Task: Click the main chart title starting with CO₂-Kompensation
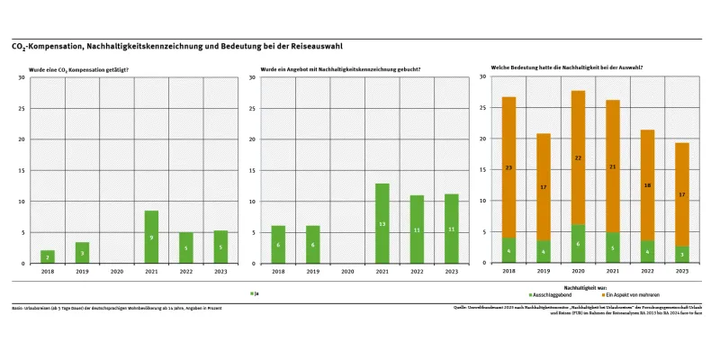point(176,46)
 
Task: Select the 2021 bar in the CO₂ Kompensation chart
point(151,237)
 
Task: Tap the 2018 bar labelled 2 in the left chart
point(48,256)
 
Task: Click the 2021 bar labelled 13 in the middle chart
point(382,223)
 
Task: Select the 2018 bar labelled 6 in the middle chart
point(277,244)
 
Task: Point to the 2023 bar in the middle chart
point(451,229)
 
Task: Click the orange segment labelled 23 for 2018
point(508,167)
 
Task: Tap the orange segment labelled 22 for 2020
point(578,157)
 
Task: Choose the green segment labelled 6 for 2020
point(578,244)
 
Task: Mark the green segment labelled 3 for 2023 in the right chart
point(682,255)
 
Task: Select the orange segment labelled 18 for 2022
point(647,185)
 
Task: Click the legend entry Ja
point(255,293)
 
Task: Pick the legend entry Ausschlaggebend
point(550,293)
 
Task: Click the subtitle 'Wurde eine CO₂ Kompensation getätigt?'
point(79,68)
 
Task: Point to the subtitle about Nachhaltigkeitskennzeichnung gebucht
point(340,68)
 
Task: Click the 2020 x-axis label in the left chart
point(117,270)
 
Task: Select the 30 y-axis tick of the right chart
point(483,77)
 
